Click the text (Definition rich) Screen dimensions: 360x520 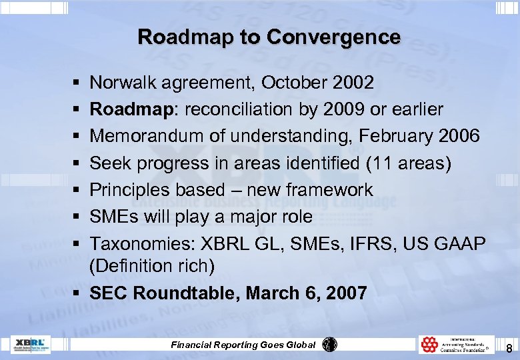(152, 266)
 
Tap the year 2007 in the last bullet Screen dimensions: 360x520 (345, 293)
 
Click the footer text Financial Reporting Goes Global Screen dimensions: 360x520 (243, 345)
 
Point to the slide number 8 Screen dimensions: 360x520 (509, 347)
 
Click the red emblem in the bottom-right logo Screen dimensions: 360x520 (429, 344)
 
